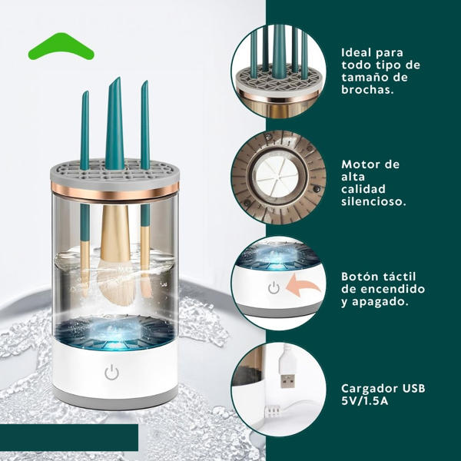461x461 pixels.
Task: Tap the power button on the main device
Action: coord(111,372)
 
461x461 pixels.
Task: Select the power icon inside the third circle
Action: coord(274,287)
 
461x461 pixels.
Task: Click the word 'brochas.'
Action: coord(367,90)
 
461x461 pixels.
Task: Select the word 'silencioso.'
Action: coord(373,201)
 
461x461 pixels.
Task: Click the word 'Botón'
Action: coord(358,277)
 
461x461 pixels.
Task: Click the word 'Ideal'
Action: coord(356,52)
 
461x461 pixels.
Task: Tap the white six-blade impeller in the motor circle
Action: coord(277,177)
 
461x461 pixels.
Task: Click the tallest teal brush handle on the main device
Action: coord(114,124)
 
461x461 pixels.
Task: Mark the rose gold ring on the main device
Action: coord(114,193)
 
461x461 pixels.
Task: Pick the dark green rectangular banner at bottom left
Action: coord(69,437)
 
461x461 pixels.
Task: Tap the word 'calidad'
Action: coord(363,189)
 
